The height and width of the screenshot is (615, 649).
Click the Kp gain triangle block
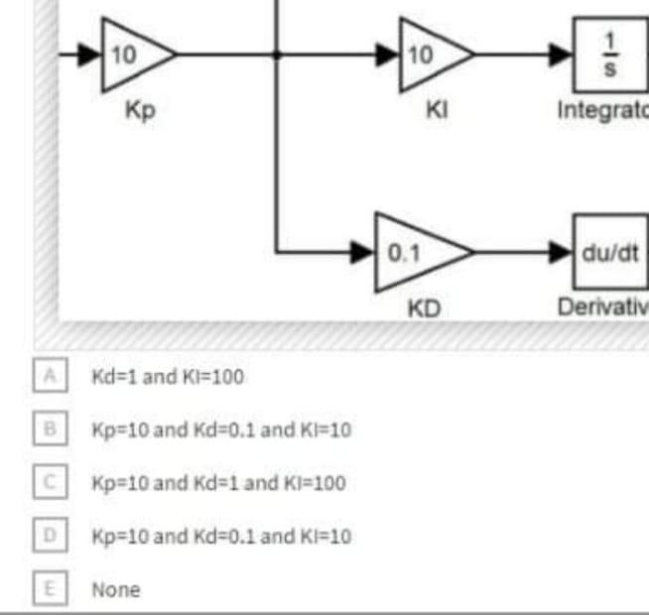(x=135, y=55)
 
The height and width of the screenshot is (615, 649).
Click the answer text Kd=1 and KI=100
(x=167, y=377)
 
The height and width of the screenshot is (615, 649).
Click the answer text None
(x=116, y=590)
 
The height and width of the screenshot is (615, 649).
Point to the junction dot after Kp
(x=281, y=56)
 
